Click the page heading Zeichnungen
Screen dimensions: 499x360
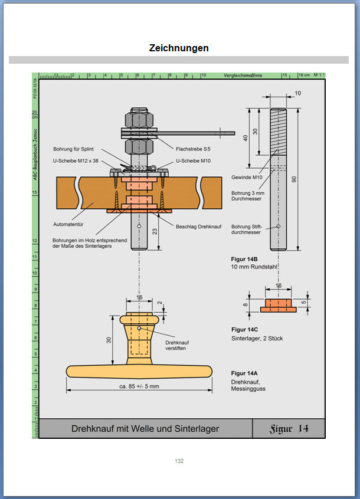coord(179,48)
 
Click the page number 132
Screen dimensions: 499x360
coord(179,461)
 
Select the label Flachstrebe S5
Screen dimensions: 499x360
coord(193,149)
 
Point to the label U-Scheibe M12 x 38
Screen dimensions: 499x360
coord(76,160)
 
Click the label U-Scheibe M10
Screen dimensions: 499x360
coord(192,160)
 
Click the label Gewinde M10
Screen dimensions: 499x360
coord(246,177)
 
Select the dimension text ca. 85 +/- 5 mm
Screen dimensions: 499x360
coord(139,386)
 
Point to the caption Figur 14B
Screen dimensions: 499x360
coord(245,259)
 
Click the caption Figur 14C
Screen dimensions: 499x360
coord(245,329)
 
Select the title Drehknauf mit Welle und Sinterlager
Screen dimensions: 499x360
coord(145,429)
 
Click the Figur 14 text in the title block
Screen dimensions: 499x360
coord(288,428)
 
